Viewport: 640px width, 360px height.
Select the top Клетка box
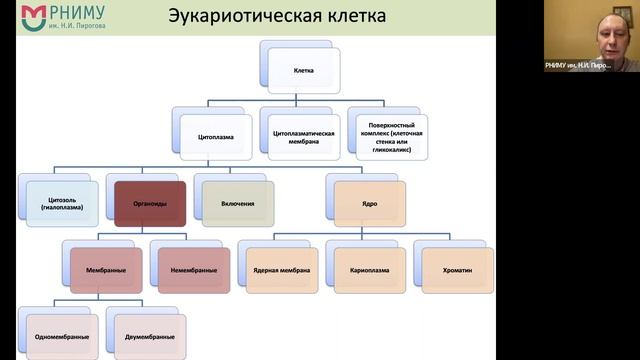point(304,72)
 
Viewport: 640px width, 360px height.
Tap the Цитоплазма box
point(216,132)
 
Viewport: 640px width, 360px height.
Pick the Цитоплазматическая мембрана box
point(304,137)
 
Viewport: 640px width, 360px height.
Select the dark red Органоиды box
point(150,203)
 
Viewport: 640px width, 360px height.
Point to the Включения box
point(237,203)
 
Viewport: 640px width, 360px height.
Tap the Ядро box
point(370,203)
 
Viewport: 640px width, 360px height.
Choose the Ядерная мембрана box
point(281,270)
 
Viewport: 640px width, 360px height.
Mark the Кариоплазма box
point(369,270)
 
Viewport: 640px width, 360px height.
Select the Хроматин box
point(457,270)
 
